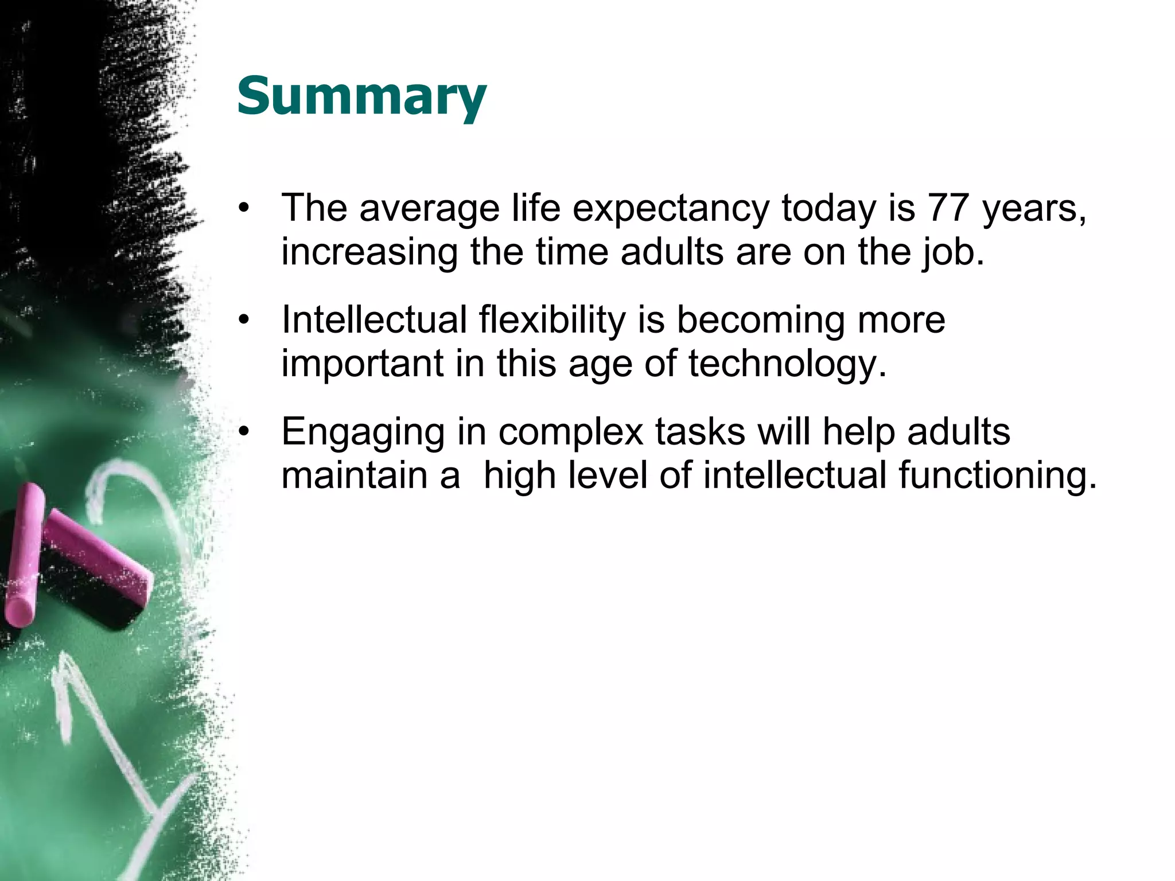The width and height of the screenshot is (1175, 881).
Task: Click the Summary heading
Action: [361, 96]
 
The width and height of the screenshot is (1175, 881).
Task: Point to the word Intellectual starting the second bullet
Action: [374, 319]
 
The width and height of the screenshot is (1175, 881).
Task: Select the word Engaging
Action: [363, 432]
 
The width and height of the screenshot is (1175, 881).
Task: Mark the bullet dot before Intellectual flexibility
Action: [244, 319]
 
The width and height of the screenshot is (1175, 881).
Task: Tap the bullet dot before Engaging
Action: [244, 431]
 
